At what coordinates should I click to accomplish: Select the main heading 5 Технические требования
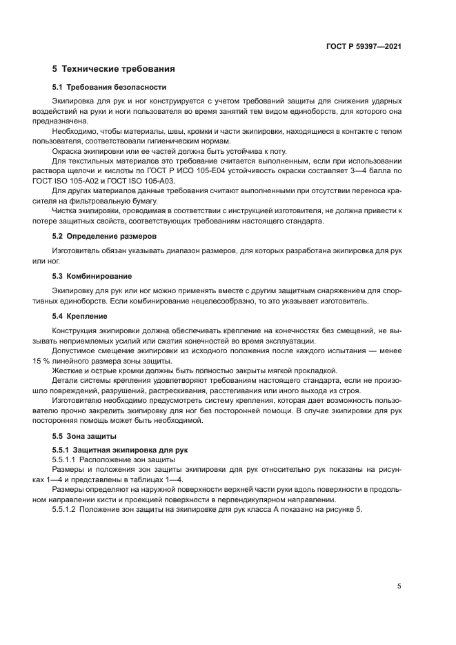click(x=113, y=69)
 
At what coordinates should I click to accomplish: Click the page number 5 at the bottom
click(x=399, y=586)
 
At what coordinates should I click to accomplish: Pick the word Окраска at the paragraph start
click(x=68, y=150)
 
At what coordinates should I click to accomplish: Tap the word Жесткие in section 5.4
click(x=69, y=370)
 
